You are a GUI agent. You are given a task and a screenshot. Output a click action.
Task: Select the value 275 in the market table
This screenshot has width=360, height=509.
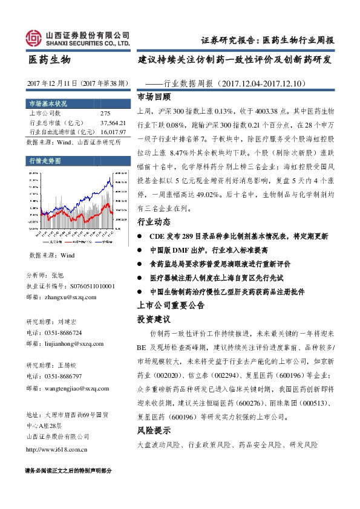click(105, 113)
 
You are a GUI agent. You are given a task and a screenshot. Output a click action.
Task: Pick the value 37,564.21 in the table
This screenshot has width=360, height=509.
click(113, 122)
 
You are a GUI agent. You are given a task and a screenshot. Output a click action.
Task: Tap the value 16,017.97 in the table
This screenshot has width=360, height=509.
click(113, 131)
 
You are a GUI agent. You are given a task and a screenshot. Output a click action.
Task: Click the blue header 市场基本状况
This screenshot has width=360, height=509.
click(45, 102)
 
